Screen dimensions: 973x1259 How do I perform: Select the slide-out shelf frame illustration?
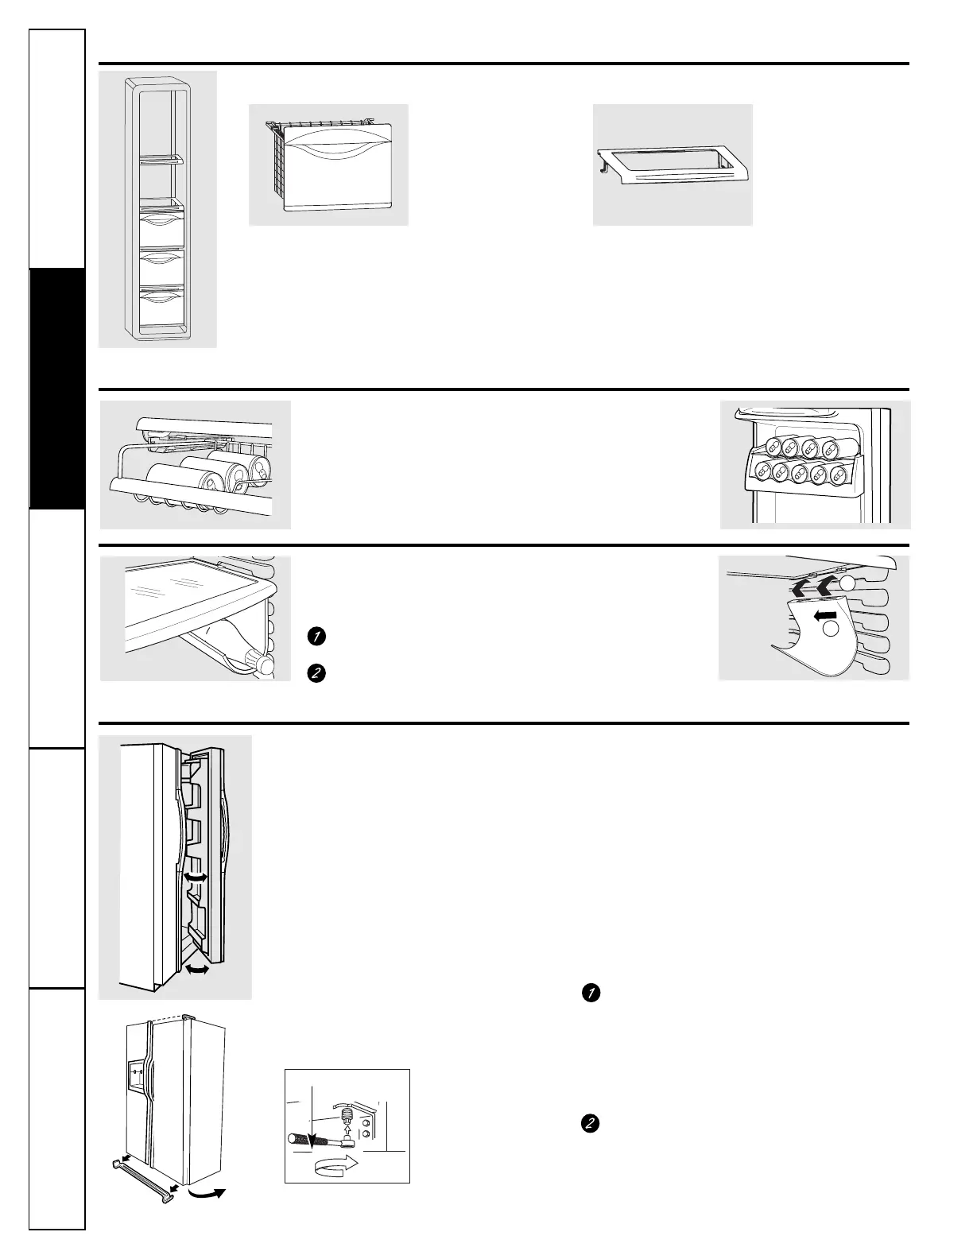click(672, 165)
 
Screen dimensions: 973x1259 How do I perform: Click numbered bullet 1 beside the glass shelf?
click(316, 636)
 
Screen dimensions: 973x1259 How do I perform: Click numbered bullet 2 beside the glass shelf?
click(316, 672)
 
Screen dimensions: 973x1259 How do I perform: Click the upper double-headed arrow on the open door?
click(195, 877)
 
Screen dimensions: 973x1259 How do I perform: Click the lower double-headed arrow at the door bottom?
click(196, 970)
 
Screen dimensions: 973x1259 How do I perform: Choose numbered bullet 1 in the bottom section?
click(590, 993)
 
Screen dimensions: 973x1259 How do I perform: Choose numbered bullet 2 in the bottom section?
click(590, 1124)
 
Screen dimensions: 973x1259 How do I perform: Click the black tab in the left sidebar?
click(57, 389)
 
